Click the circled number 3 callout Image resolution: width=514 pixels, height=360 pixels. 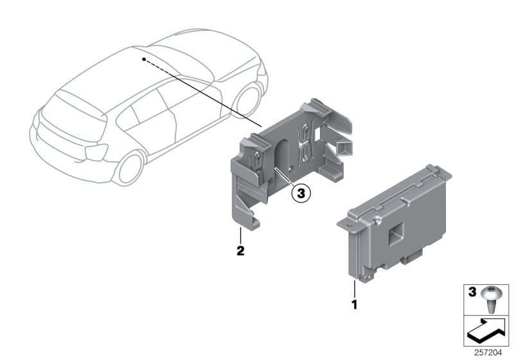(301, 192)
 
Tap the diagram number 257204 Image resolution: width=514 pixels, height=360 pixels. (488, 352)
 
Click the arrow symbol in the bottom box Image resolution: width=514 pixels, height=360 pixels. (486, 331)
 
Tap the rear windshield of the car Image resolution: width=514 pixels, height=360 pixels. (77, 107)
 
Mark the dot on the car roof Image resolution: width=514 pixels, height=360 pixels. (145, 59)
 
